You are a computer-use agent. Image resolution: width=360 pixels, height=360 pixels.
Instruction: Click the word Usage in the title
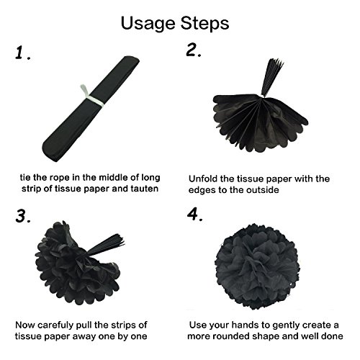point(148,24)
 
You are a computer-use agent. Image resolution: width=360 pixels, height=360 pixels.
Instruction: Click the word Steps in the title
point(204,23)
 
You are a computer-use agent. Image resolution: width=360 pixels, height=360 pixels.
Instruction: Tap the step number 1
point(22,53)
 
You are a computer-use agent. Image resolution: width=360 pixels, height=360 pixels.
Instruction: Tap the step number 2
point(194,50)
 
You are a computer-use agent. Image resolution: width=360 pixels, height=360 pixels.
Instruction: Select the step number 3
point(23,216)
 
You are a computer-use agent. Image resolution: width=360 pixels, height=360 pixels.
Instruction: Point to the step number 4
point(195,215)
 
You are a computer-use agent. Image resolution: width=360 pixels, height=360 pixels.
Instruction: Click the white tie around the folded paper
point(92,96)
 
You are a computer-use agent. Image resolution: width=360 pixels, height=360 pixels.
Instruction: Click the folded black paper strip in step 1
point(91,109)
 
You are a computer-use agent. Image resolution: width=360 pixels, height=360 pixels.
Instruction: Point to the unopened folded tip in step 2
point(271,77)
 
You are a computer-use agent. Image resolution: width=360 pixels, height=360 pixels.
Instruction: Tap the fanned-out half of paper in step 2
point(261,122)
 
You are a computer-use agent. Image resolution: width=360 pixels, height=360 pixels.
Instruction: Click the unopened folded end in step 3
point(106,245)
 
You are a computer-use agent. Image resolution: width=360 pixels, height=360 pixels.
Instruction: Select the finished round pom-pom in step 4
point(257,266)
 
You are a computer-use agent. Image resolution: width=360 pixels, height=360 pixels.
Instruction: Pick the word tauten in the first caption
point(145,189)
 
